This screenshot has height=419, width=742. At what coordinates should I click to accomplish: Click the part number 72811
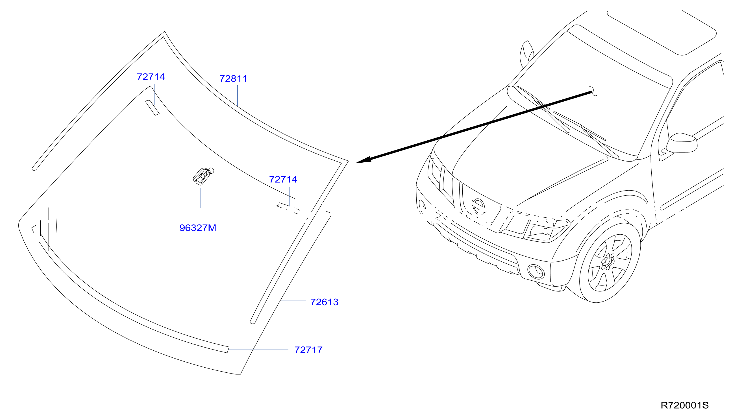tap(233, 78)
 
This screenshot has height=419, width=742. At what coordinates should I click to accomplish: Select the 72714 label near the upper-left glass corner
tap(151, 77)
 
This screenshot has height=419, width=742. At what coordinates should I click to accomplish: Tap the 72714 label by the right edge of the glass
tap(283, 179)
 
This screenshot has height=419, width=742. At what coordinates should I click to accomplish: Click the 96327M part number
tap(198, 228)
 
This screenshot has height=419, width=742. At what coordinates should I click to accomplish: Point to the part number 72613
tap(324, 302)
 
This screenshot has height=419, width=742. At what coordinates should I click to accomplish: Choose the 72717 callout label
tap(308, 350)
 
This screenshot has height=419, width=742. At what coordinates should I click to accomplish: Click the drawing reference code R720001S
tap(684, 405)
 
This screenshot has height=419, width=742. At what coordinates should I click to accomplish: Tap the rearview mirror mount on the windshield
tap(203, 176)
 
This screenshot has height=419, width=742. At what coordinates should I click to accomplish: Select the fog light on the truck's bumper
tap(536, 272)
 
